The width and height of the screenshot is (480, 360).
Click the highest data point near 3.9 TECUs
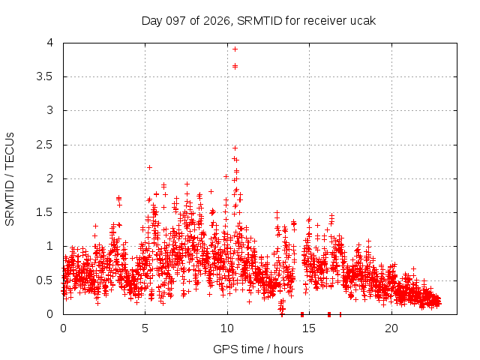[x=235, y=49]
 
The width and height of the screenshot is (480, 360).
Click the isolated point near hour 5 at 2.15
[x=150, y=167]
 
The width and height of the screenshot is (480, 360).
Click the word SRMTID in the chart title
[x=259, y=21]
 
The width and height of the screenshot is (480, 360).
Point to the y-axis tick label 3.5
[x=45, y=76]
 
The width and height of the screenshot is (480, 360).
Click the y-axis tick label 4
[x=50, y=43]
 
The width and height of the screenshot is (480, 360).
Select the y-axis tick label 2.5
[x=45, y=145]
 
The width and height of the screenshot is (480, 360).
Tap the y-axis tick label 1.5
[x=45, y=212]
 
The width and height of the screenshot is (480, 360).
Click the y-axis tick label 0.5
[x=45, y=280]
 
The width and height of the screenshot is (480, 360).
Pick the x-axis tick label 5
[x=145, y=328]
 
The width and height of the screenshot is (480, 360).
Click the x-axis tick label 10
[x=227, y=328]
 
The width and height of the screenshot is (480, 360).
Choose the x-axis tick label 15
[x=309, y=328]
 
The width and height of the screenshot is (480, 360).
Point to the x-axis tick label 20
[x=391, y=328]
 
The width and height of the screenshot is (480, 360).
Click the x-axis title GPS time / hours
[x=258, y=349]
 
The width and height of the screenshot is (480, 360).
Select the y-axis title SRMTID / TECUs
[x=10, y=179]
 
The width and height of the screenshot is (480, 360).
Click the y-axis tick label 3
[x=50, y=110]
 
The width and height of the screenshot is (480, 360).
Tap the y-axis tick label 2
[x=50, y=178]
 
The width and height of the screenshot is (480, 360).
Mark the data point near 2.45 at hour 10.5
[x=235, y=148]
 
